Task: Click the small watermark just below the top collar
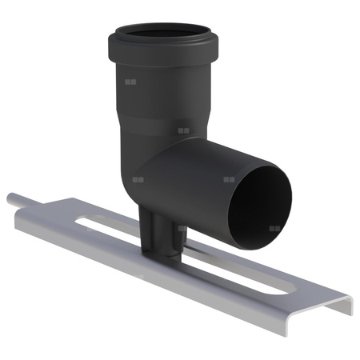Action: (x=130, y=82)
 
